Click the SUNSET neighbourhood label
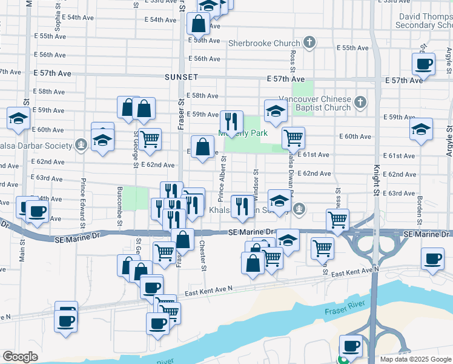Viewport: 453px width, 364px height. point(180,78)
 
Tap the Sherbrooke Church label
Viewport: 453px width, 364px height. point(264,44)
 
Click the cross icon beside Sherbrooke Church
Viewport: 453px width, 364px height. point(309,42)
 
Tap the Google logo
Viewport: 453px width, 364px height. point(20,357)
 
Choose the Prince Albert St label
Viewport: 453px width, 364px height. point(222,180)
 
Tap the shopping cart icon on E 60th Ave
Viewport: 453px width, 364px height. point(293,138)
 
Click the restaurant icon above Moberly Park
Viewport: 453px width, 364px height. point(231,121)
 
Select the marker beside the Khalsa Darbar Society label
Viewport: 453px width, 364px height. point(81,144)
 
